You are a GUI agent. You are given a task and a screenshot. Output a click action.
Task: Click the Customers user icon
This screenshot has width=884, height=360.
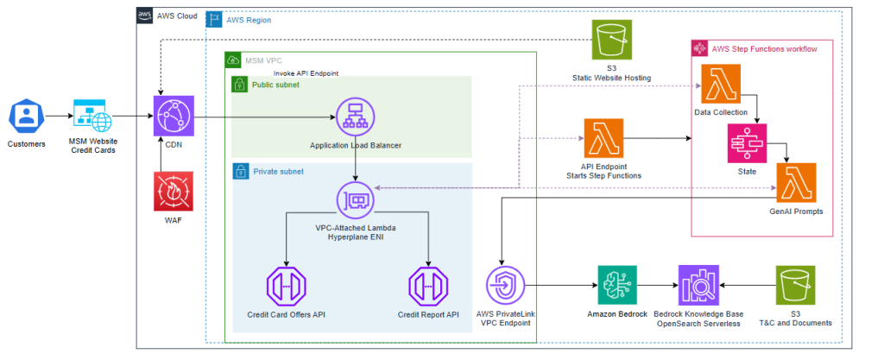(x=26, y=116)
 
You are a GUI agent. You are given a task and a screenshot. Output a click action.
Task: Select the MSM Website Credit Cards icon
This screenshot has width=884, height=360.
(x=93, y=116)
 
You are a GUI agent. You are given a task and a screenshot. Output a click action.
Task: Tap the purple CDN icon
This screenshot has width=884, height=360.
(x=170, y=117)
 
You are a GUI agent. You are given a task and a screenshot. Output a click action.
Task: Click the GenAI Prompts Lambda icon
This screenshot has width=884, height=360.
(x=797, y=183)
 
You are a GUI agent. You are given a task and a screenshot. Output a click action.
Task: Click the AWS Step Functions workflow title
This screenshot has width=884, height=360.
(x=764, y=49)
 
